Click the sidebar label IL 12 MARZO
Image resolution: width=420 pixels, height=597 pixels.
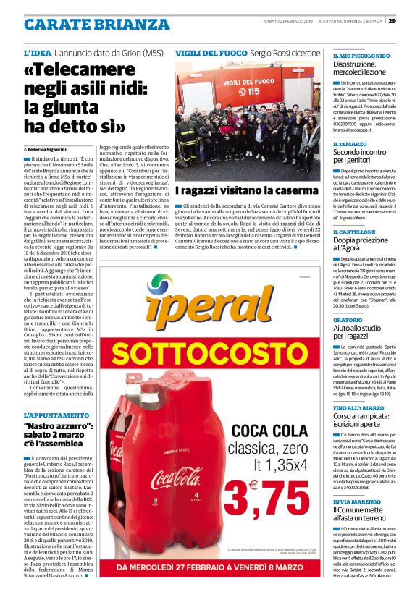click(x=351, y=145)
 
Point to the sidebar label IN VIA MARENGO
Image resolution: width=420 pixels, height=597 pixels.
click(x=357, y=501)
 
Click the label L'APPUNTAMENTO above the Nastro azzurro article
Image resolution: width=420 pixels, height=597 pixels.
click(x=54, y=415)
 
